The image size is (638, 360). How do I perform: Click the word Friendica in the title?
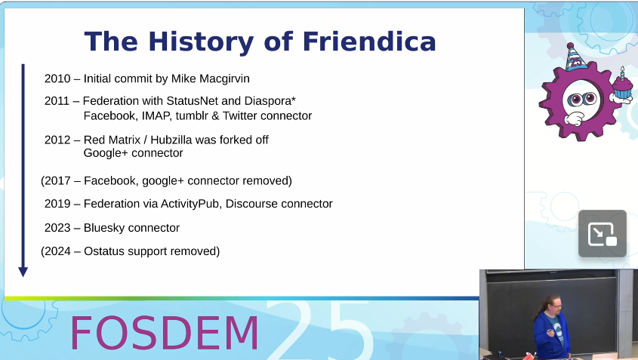coord(369,42)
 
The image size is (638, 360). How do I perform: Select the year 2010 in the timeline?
coord(57,78)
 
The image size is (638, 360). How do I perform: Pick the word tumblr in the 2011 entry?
coord(192,115)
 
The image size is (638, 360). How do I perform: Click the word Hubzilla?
coord(171,140)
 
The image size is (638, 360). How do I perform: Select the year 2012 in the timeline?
coord(57,140)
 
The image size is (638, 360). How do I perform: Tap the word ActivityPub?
coord(190,203)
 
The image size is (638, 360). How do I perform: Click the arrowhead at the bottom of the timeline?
coord(23,272)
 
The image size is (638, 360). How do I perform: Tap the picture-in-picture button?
coord(603,234)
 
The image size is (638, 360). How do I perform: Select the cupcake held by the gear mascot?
coord(622,85)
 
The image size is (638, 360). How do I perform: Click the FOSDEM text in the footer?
coord(165,333)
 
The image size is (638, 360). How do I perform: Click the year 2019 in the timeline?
coord(57,203)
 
